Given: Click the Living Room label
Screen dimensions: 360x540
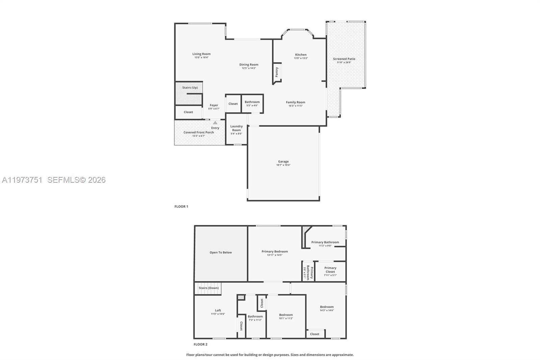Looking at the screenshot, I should coord(201,54).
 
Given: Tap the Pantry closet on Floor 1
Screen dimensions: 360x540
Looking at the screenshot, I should coord(277,72).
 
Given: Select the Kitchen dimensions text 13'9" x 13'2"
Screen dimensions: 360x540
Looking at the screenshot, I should coord(301,58).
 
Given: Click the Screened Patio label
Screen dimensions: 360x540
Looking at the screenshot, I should coord(344,59).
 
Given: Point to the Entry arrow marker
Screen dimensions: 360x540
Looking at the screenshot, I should coord(215,123).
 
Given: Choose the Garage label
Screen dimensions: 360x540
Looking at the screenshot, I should coord(283,162).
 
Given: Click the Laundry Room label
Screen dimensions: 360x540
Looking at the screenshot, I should coord(236,128).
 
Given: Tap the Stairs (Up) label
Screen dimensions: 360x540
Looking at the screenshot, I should coord(190,88).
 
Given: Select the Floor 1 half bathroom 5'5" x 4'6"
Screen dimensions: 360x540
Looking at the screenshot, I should coord(252,103).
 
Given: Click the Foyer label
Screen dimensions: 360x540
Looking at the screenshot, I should coord(214,105).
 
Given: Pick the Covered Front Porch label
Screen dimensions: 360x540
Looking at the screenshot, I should coord(198,132).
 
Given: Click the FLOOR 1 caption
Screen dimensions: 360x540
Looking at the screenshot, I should coord(181,207).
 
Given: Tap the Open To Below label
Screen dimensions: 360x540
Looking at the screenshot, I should coord(221,253).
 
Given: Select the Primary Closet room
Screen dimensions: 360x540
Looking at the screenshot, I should coord(330,271).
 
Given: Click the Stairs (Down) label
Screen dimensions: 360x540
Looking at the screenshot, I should coord(209,288).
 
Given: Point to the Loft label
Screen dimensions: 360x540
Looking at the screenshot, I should coord(218,311).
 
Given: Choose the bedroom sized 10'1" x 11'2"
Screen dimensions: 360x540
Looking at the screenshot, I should coord(286,316).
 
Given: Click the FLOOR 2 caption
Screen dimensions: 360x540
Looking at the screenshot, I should coord(200,344).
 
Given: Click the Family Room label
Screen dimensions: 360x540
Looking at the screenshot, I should coord(295,102).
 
